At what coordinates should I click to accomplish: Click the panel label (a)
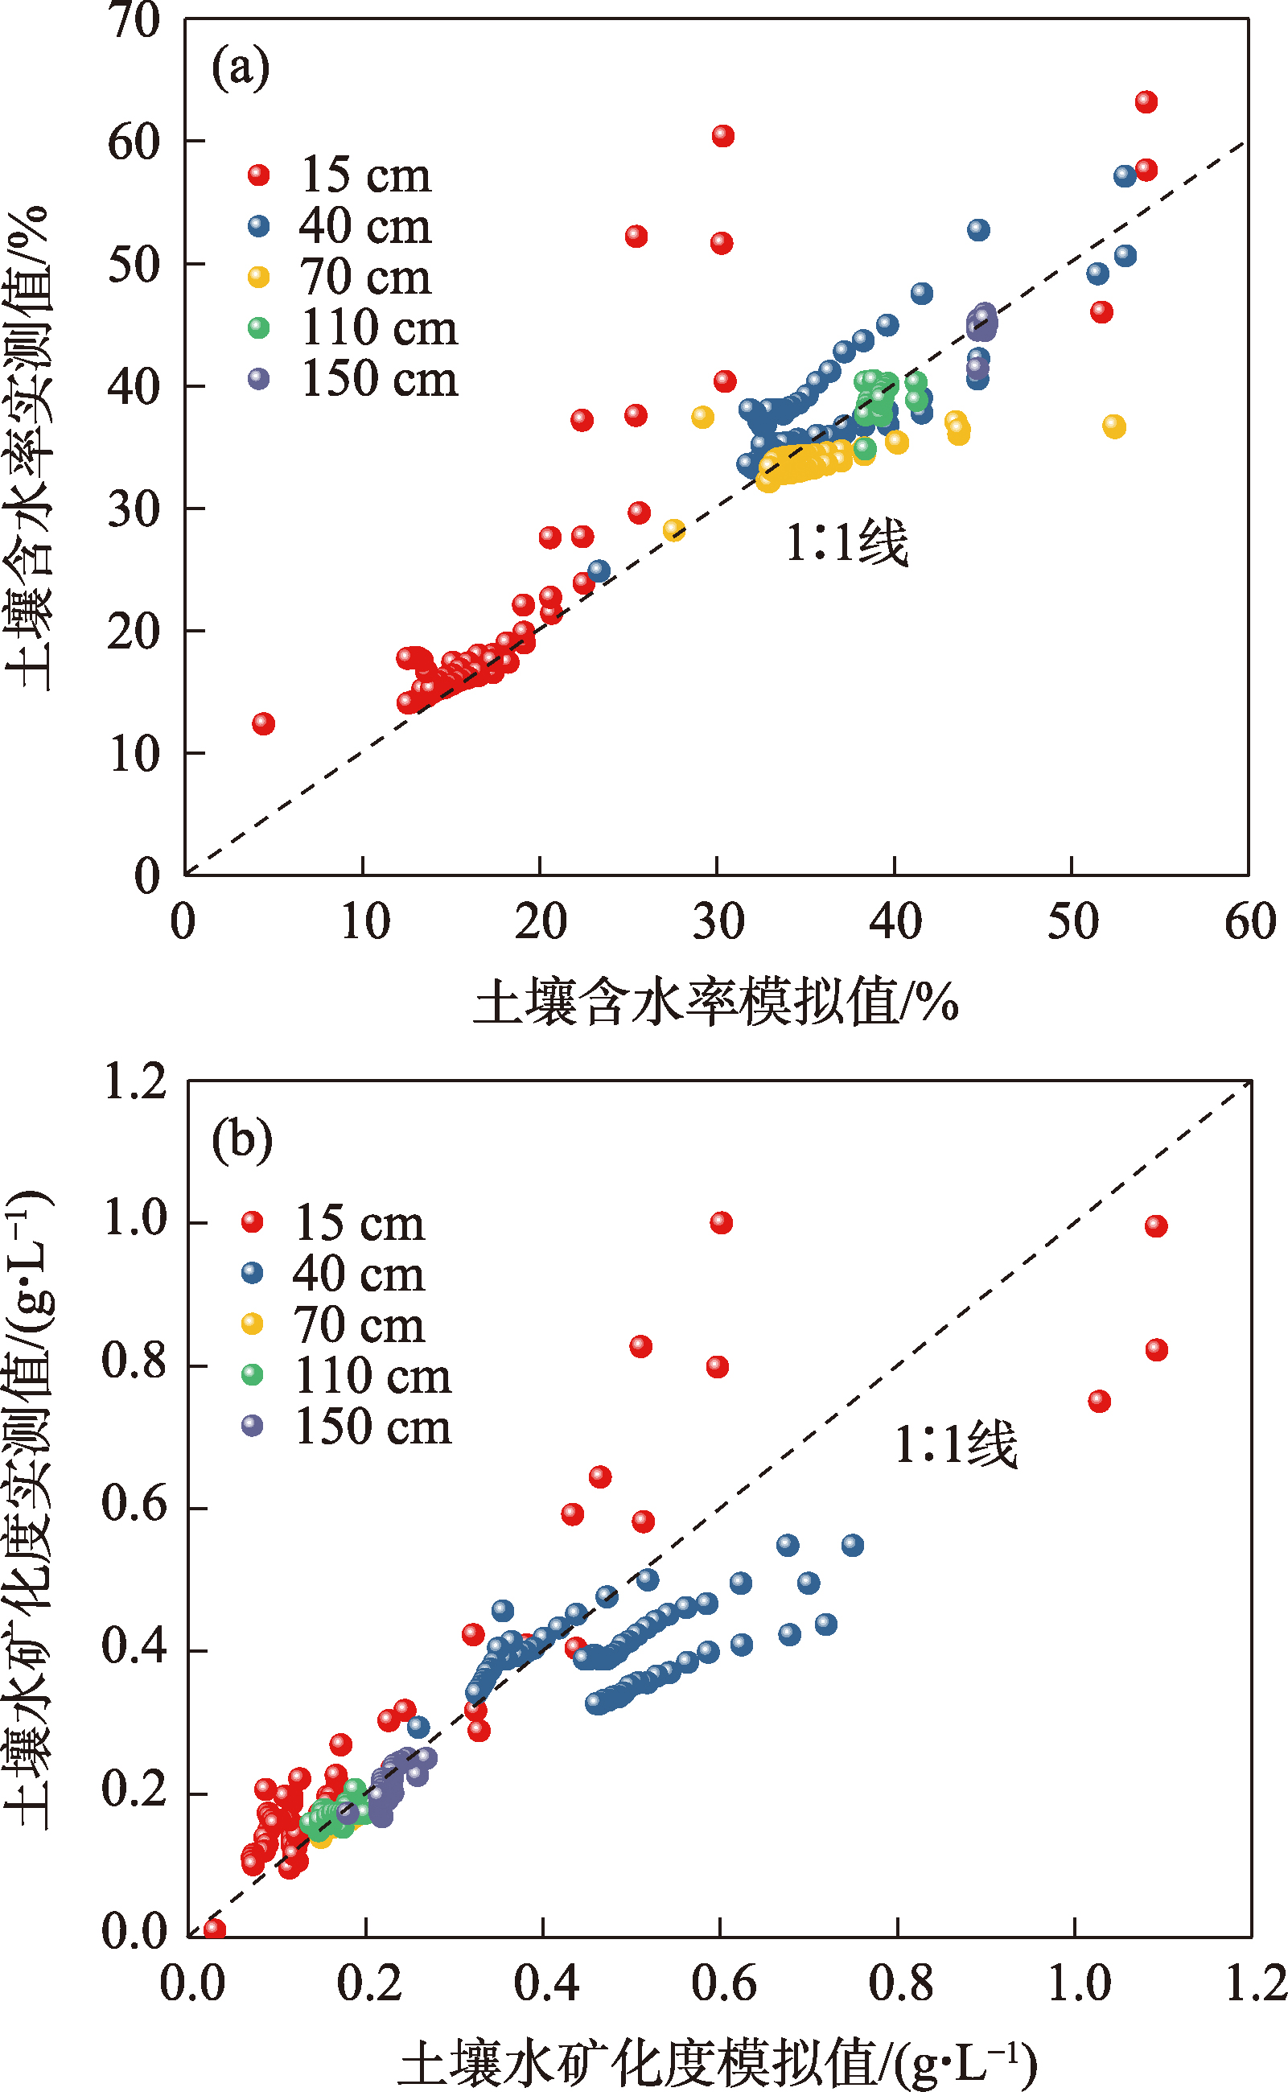241,68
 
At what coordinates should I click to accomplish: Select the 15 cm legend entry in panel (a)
341,175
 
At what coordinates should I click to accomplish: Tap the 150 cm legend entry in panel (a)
353,379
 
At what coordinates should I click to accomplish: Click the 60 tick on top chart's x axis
1249,921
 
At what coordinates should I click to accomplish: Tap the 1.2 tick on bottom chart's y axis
134,1081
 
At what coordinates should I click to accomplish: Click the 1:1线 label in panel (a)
846,542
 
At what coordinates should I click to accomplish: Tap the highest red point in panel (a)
1146,102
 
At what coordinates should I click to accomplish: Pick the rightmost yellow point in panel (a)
1114,426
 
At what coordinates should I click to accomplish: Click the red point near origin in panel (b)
215,1929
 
